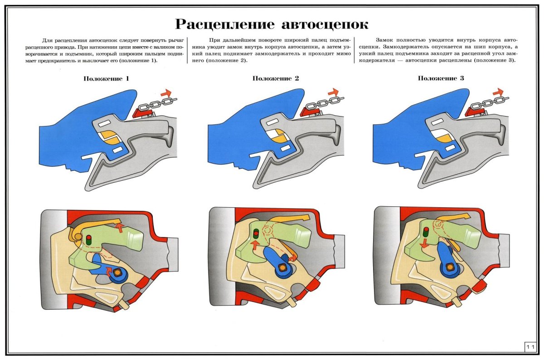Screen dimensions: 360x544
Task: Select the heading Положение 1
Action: coord(107,78)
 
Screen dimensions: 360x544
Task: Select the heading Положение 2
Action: coord(276,78)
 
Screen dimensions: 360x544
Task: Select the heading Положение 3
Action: coord(441,78)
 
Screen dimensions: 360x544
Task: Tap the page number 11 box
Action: coord(531,347)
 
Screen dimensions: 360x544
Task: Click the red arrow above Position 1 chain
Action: coord(166,92)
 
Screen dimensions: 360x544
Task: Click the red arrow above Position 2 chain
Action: coord(333,92)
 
